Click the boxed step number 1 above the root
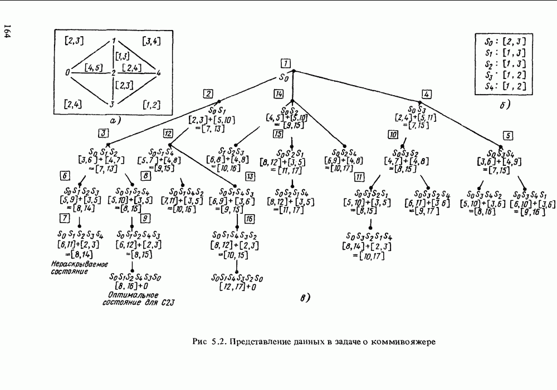pyautogui.click(x=285, y=62)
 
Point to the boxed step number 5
pyautogui.click(x=507, y=136)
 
